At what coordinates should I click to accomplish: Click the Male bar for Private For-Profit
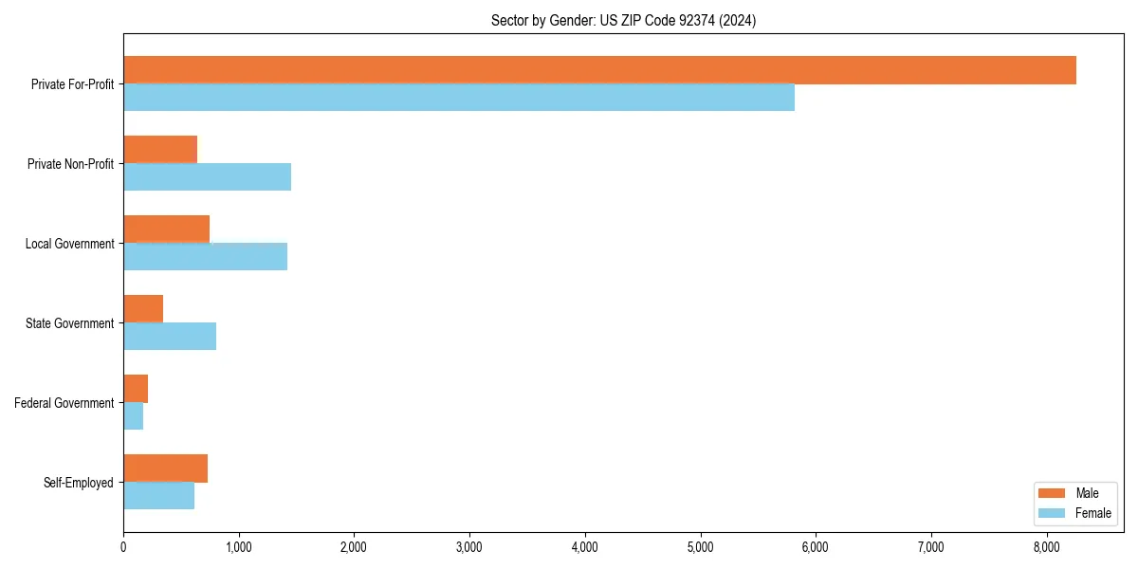click(x=599, y=70)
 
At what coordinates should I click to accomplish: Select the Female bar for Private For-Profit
click(x=459, y=98)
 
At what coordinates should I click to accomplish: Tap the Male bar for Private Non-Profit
click(x=160, y=150)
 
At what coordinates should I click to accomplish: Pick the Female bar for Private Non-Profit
click(x=207, y=177)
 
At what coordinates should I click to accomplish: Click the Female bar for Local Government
click(x=205, y=257)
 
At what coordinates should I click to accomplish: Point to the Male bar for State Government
click(x=143, y=309)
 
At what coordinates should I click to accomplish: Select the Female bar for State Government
click(x=170, y=337)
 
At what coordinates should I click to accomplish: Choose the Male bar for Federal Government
click(x=136, y=389)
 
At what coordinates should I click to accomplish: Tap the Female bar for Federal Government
click(x=134, y=416)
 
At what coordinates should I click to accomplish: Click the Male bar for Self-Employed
click(x=165, y=468)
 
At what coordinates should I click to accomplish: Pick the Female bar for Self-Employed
click(x=158, y=496)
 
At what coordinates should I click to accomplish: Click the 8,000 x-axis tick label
click(x=1046, y=547)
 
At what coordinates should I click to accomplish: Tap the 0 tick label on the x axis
click(x=123, y=547)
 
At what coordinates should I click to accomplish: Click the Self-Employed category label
click(x=79, y=483)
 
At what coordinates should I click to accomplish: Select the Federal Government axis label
click(x=64, y=403)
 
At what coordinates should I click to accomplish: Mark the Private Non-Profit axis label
click(x=70, y=164)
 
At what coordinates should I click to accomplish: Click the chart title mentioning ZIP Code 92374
click(x=623, y=20)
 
